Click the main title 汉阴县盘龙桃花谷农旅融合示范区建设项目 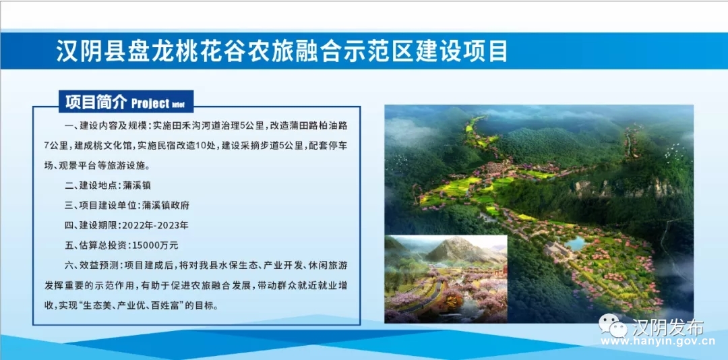tap(282, 51)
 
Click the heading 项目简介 tap(96, 102)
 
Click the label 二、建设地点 tap(91, 185)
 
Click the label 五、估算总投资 tap(96, 245)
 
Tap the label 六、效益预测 tap(91, 265)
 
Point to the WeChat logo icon tap(613, 325)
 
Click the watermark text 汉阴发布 tap(667, 327)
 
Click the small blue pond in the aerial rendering tap(574, 243)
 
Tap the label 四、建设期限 tap(91, 226)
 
